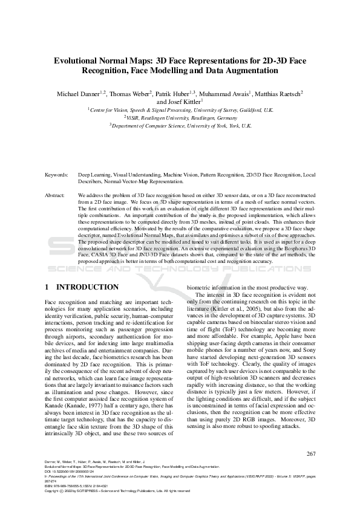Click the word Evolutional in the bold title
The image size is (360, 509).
pos(78,61)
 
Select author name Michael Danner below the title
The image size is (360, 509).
pos(79,94)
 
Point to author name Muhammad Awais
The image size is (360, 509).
pos(223,94)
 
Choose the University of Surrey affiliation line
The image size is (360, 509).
pos(180,111)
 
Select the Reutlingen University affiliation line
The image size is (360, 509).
pos(180,118)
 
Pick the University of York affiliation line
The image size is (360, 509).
pos(180,126)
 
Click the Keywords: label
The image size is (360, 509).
pos(57,174)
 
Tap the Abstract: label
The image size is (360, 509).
pos(56,196)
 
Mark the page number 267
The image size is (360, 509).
pos(312,454)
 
